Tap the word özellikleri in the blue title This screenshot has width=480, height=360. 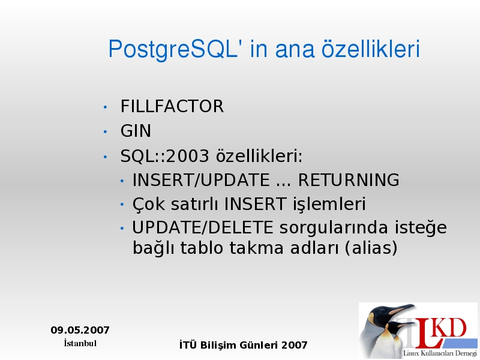(x=370, y=49)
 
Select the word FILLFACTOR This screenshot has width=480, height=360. (x=172, y=106)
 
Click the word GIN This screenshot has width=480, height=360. (x=136, y=131)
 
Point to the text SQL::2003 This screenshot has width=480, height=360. (x=164, y=156)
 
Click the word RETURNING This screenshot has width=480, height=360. (x=349, y=179)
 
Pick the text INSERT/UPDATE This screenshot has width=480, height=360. (x=201, y=179)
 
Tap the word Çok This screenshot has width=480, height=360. (x=148, y=204)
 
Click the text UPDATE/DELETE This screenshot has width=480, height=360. (x=202, y=227)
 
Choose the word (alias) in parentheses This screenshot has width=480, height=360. (x=371, y=248)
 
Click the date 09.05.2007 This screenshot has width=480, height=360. (x=80, y=330)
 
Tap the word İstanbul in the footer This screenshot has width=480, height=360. (x=80, y=343)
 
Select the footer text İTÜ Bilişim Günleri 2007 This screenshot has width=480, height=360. (x=244, y=345)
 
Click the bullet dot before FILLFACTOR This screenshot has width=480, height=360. (x=106, y=107)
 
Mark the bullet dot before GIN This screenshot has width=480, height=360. (x=106, y=132)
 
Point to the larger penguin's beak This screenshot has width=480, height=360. (x=400, y=310)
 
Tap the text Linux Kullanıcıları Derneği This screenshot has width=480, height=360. (x=440, y=353)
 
